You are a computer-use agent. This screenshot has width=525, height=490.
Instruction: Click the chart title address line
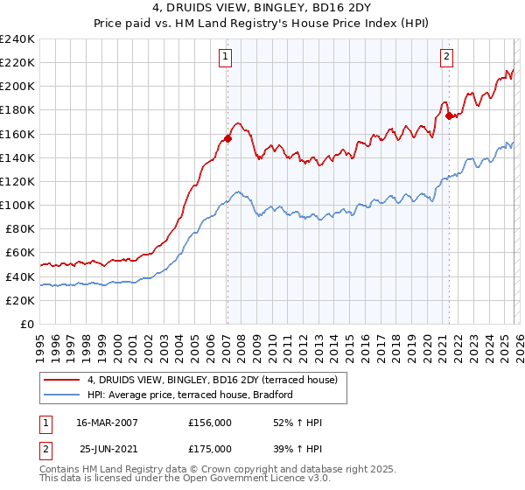click(262, 10)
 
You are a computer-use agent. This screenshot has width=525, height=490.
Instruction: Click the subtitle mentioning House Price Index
click(262, 24)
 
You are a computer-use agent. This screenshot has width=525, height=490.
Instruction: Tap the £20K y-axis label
click(19, 300)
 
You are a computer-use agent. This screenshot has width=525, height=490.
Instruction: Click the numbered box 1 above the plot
click(225, 57)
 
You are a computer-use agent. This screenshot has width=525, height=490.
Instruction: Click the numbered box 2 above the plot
click(446, 57)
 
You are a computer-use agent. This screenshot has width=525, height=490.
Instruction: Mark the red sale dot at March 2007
click(227, 138)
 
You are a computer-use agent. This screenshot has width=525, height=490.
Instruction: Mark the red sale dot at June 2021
click(449, 115)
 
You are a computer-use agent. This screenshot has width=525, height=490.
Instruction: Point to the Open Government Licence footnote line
click(185, 479)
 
